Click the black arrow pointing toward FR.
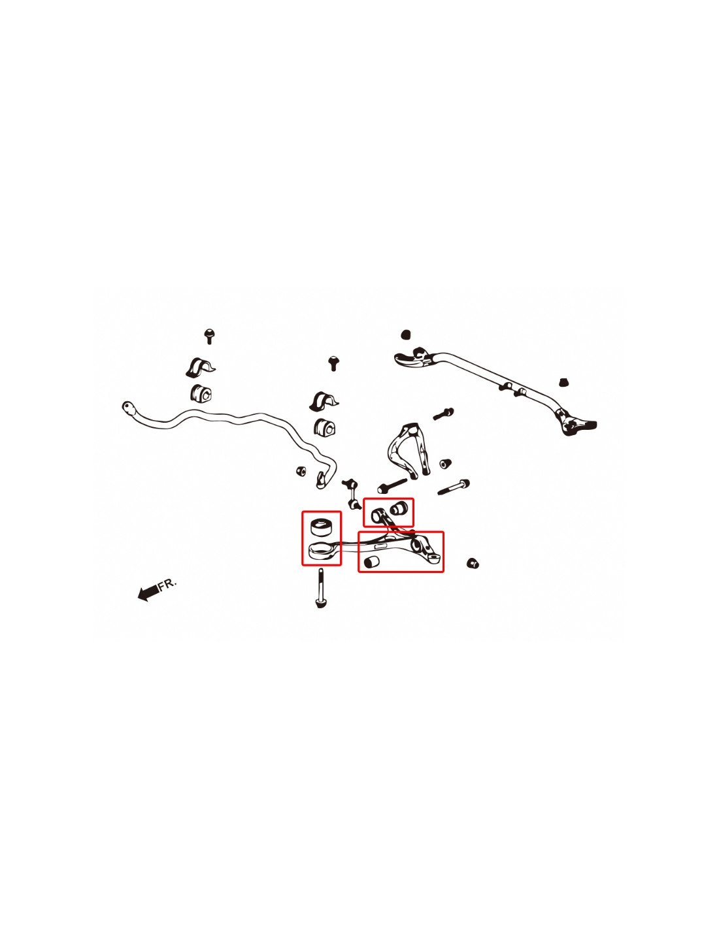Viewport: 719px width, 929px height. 148,593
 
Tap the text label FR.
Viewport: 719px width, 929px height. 167,584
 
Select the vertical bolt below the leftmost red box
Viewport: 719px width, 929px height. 320,589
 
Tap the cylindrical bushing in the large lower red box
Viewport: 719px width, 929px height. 371,562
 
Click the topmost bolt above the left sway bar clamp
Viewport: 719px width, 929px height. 209,336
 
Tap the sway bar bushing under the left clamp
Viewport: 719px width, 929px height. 201,393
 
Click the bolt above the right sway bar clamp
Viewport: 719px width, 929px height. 333,363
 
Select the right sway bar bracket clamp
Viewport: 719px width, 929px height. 324,401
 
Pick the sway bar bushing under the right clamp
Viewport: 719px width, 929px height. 325,427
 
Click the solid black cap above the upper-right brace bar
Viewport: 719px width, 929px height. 406,334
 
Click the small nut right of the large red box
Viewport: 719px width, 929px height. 473,563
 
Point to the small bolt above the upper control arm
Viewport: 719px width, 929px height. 444,414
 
